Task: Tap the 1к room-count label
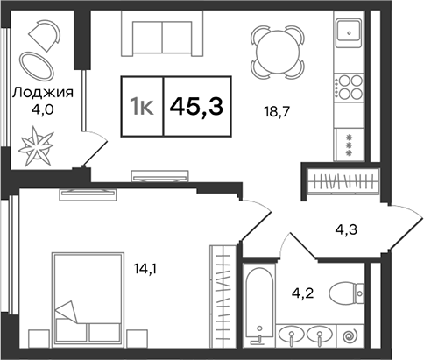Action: [142, 107]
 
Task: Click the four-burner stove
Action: [352, 88]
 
